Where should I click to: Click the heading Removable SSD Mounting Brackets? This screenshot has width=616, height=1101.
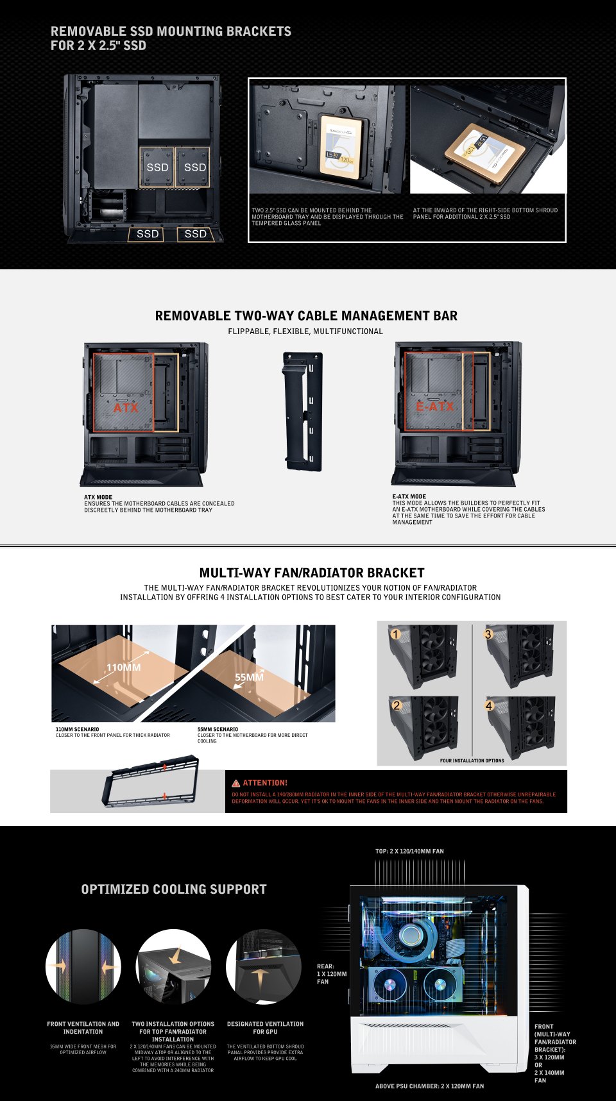click(x=171, y=31)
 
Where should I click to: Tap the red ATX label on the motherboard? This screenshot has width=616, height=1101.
click(x=126, y=408)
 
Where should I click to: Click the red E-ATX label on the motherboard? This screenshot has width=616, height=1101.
click(x=435, y=407)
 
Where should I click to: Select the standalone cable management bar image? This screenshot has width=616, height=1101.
click(x=303, y=411)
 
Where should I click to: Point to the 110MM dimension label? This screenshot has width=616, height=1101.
click(x=124, y=668)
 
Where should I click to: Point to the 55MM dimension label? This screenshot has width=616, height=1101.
click(x=249, y=677)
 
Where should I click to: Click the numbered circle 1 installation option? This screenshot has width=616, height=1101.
click(x=396, y=635)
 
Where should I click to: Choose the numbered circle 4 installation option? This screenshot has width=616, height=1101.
click(x=489, y=706)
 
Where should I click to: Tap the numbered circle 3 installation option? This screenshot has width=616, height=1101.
click(x=488, y=635)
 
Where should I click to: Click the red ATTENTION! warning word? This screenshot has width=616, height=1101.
click(x=264, y=783)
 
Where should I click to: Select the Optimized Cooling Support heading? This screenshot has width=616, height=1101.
click(x=173, y=889)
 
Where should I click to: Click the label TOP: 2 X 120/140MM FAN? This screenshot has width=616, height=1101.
click(x=409, y=852)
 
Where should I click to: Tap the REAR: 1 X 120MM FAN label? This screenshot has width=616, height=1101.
click(x=331, y=973)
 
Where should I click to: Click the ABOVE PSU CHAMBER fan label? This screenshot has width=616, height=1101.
click(x=429, y=1086)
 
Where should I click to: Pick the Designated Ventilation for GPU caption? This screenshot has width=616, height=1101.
click(x=265, y=1027)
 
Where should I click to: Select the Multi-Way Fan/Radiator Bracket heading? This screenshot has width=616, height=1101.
click(x=311, y=573)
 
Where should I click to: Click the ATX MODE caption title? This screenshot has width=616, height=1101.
click(x=98, y=497)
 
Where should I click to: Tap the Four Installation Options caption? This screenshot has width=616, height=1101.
click(x=472, y=761)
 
